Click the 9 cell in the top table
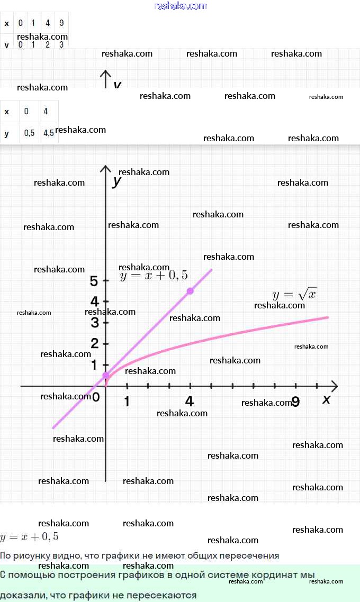[x=61, y=23]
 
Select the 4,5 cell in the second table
[x=49, y=133]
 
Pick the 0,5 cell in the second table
[x=30, y=133]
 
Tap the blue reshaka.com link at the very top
[x=180, y=6]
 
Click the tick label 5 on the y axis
[x=94, y=280]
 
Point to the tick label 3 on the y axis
[x=95, y=322]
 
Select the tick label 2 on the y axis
[x=95, y=343]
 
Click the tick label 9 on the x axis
[x=296, y=402]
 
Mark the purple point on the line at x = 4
[x=190, y=291]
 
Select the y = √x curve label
[x=294, y=295]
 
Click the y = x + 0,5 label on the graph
[x=154, y=275]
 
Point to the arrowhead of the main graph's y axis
[x=106, y=169]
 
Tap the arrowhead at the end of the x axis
[x=334, y=386]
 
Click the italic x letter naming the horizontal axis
[x=326, y=399]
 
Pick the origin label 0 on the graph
[x=96, y=397]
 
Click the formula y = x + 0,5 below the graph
[x=29, y=537]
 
